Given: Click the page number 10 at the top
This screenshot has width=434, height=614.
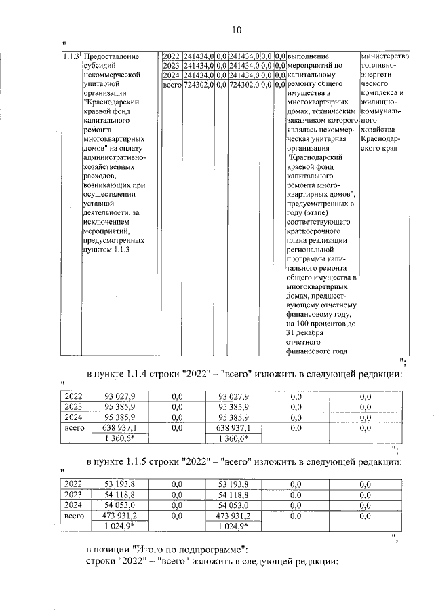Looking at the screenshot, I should pos(235,30).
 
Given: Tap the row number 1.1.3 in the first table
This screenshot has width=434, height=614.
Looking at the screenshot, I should pos(68,56).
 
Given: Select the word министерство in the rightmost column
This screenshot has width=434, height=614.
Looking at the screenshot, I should pos(386,55).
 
